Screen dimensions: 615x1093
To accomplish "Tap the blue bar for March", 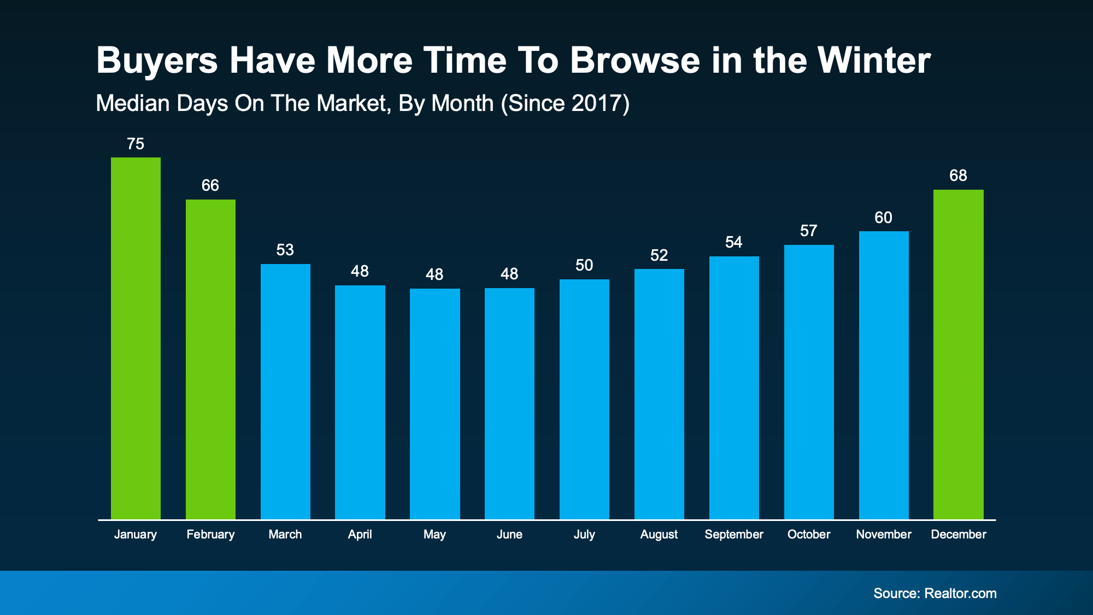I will [x=285, y=391].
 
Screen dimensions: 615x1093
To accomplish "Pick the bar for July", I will [x=584, y=399].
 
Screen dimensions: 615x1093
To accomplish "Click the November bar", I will [x=884, y=375].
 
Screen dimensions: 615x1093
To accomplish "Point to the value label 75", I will [x=136, y=144].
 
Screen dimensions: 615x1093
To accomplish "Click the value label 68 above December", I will [x=958, y=175].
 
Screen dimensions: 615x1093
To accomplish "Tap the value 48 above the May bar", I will [x=434, y=274].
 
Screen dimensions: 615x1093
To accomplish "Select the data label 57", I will [x=809, y=231].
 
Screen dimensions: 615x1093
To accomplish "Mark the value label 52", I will [x=659, y=255].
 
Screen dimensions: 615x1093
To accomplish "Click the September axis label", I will [x=734, y=534].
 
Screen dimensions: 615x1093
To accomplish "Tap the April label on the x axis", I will [x=360, y=534].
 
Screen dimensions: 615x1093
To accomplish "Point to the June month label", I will [x=509, y=534].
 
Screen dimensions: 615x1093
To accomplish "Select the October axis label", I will [x=809, y=534].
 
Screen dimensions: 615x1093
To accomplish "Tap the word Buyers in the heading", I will [x=157, y=61].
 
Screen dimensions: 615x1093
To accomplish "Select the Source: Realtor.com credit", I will [x=935, y=593].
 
